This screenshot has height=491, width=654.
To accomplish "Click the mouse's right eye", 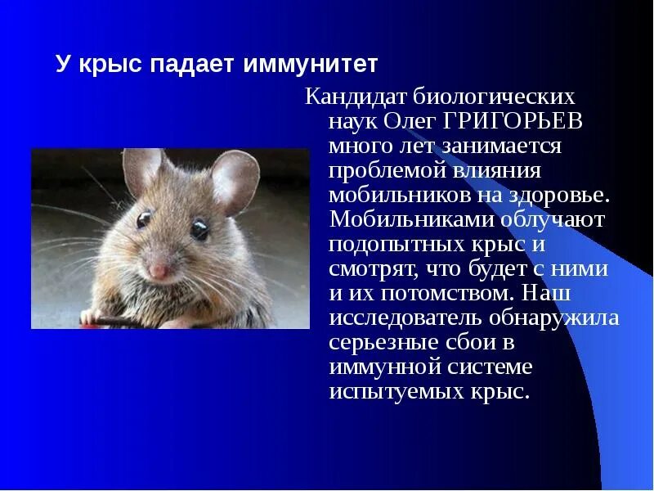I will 144,219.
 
